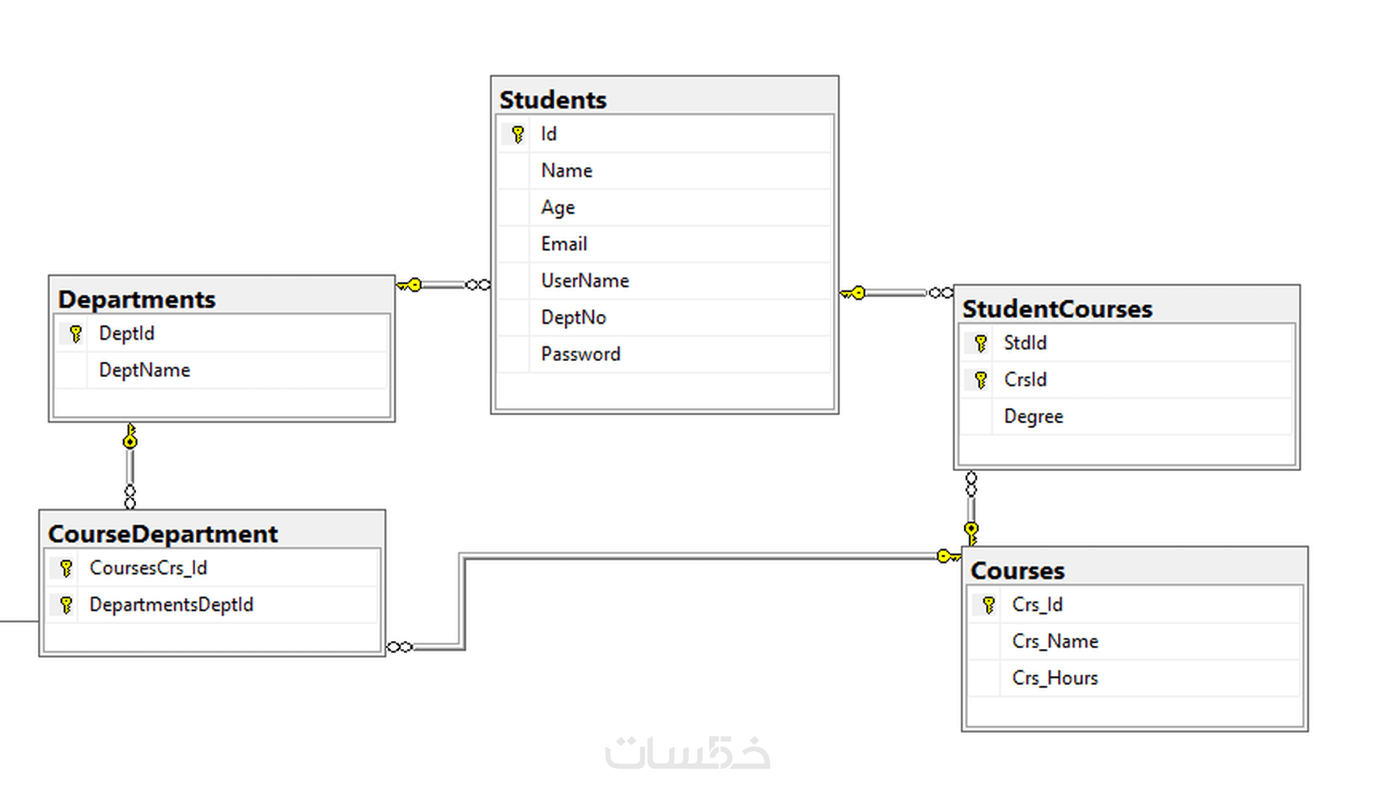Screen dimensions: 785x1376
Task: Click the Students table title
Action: pos(553,100)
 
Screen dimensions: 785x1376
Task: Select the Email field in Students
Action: pos(564,244)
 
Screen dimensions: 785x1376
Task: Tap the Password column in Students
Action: pos(580,354)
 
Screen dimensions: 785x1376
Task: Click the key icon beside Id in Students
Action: pos(518,134)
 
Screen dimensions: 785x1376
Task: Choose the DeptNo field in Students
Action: pos(573,317)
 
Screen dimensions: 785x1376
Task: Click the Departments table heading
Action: pos(137,299)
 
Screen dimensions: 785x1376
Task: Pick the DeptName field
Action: pos(144,370)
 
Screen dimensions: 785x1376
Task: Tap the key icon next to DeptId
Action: pos(76,333)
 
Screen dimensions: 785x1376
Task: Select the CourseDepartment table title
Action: pos(163,534)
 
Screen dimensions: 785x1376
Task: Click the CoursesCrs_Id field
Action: pos(148,568)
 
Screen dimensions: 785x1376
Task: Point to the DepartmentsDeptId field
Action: pos(171,605)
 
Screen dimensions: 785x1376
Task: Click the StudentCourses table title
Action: pos(1057,309)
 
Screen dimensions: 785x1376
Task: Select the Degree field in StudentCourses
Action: pos(1033,416)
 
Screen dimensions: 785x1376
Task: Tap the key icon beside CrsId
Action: pos(981,380)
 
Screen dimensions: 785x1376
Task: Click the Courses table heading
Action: pos(1017,571)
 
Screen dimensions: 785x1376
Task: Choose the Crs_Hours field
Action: pos(1055,678)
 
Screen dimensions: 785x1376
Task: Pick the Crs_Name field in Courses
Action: pos(1055,641)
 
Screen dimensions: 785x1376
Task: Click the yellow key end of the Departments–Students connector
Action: pos(412,285)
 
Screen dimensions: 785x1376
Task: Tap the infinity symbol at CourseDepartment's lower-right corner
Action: pos(400,647)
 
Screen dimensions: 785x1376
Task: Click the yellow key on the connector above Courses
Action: pos(971,532)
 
